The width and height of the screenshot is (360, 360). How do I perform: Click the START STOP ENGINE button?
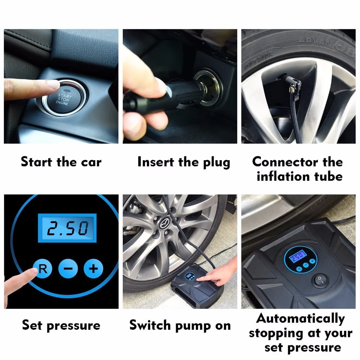[63, 99]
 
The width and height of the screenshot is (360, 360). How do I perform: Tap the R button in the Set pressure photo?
[43, 269]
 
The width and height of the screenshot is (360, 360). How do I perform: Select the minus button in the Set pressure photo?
[68, 269]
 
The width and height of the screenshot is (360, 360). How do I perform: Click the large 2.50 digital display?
[67, 228]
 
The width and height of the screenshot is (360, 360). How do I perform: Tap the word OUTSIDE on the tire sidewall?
[259, 60]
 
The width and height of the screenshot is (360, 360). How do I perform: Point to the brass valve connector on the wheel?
[292, 89]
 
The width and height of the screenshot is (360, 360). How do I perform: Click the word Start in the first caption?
[36, 162]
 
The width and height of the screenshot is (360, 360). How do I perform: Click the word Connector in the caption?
[285, 162]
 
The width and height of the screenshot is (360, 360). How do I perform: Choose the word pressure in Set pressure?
[73, 326]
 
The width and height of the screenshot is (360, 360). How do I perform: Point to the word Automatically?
[301, 319]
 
